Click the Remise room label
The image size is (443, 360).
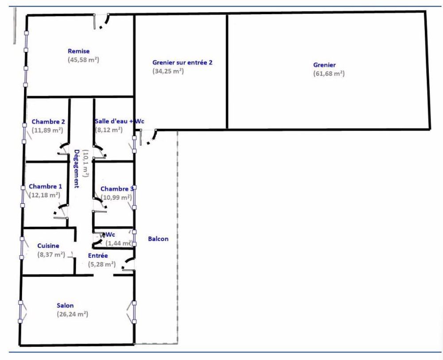point(79,51)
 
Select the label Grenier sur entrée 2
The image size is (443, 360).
point(182,62)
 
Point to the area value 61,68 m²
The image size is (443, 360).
point(329,74)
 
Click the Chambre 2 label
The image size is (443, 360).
point(48,122)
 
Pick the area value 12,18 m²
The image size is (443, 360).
point(44,194)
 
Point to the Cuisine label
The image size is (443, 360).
point(48,246)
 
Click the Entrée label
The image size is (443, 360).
point(97,255)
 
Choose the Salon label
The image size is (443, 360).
point(65,305)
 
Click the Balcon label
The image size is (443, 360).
point(158,239)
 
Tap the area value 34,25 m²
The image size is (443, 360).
point(168,71)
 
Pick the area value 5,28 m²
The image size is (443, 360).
point(102,264)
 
